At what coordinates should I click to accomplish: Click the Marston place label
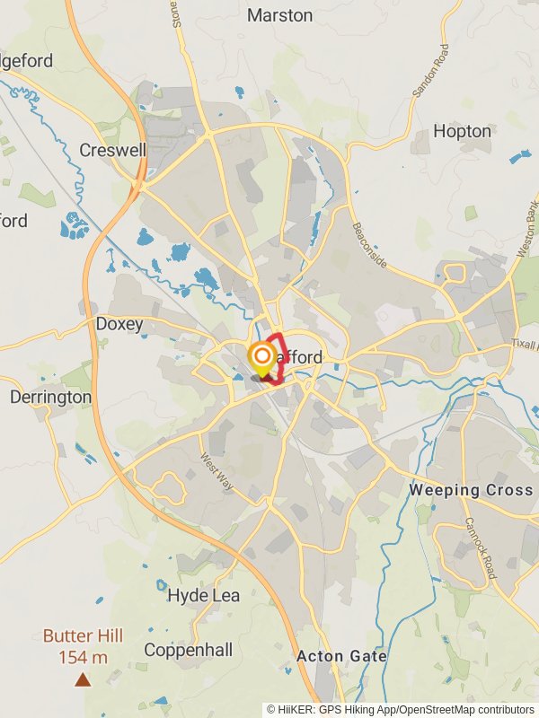tap(279, 15)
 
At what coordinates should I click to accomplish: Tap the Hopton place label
tap(462, 131)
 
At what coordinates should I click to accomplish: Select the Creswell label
tap(112, 150)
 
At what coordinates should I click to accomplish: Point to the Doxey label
tap(119, 324)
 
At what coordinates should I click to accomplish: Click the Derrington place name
tap(50, 397)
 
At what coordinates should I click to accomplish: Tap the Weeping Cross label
tap(470, 490)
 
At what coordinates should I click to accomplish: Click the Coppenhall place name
tap(188, 650)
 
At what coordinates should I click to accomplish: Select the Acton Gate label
tap(341, 656)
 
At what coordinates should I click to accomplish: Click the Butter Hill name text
tap(83, 635)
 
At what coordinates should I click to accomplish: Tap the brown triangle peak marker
tap(83, 680)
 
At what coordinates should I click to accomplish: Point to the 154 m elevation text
tap(83, 658)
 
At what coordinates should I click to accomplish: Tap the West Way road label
tap(216, 472)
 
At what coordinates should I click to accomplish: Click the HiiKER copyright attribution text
tap(401, 709)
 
